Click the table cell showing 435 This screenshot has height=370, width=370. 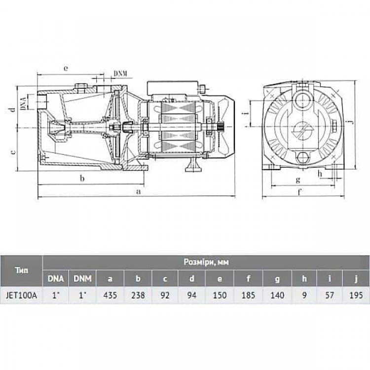(110, 295)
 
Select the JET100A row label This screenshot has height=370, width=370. (22, 295)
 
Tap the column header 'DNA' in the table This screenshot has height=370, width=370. (56, 279)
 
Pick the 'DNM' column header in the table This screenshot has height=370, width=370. (82, 279)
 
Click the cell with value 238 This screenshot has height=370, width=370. (138, 295)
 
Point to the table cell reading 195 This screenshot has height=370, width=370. (356, 295)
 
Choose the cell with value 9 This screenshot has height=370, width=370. (304, 295)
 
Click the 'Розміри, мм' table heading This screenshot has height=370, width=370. (206, 262)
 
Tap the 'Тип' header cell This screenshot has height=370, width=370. (22, 270)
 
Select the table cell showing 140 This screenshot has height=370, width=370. (277, 295)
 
